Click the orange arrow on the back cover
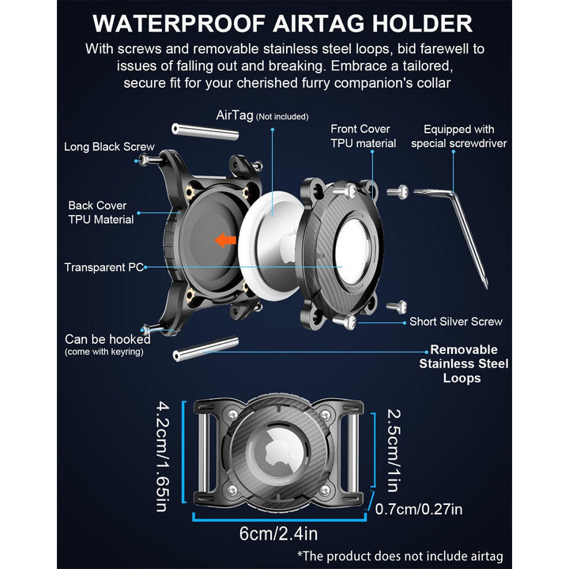click(225, 240)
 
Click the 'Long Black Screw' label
click(109, 147)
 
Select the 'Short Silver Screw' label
click(456, 322)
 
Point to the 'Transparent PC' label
click(104, 267)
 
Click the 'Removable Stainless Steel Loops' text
click(463, 364)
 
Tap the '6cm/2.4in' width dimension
click(278, 533)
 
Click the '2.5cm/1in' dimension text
click(394, 450)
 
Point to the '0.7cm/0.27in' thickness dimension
click(419, 509)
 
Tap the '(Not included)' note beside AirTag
click(282, 117)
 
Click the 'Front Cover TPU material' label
click(364, 136)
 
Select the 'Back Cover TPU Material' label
click(101, 213)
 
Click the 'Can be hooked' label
click(107, 339)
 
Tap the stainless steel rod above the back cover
click(205, 131)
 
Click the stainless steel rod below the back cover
click(205, 349)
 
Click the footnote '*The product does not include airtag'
click(400, 556)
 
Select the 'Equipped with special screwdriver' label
click(458, 137)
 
